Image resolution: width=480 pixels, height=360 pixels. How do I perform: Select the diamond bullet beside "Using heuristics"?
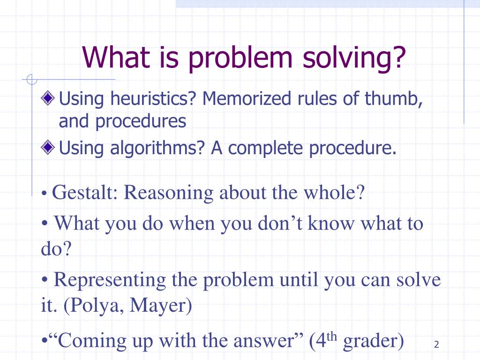tap(48, 98)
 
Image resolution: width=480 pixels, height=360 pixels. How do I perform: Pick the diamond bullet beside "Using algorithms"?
tap(48, 147)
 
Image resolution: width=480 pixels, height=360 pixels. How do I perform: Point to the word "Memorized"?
tap(247, 98)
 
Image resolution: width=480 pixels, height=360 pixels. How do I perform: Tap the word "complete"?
tap(265, 149)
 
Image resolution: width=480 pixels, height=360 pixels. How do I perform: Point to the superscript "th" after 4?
tap(331, 337)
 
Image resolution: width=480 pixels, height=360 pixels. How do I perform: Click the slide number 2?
tap(436, 345)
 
